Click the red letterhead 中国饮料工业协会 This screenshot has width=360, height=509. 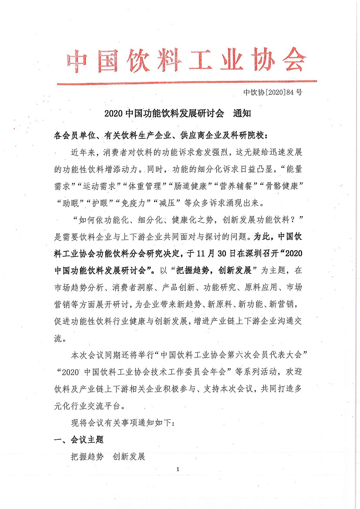pyautogui.click(x=187, y=60)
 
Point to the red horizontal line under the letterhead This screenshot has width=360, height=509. pyautogui.click(x=187, y=82)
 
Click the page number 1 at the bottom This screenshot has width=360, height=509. pyautogui.click(x=178, y=469)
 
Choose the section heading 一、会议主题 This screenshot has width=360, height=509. pyautogui.click(x=78, y=440)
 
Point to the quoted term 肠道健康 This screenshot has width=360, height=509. pyautogui.click(x=189, y=187)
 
